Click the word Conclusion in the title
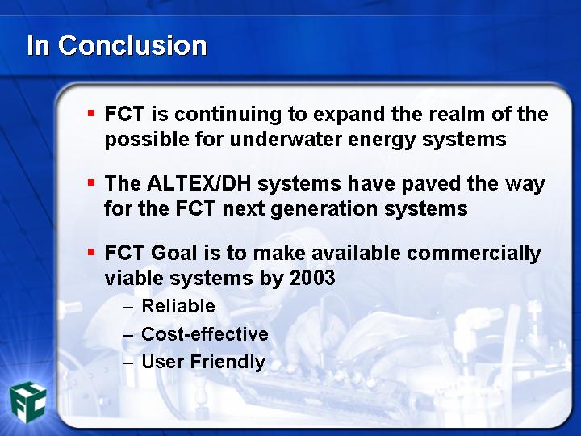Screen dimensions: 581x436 coord(132,45)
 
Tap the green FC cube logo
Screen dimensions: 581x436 coord(28,403)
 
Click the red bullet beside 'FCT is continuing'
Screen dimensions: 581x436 coord(91,113)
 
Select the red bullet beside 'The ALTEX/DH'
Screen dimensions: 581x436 coord(91,182)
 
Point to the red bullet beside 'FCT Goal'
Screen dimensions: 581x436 coord(91,253)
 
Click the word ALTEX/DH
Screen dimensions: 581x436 coord(199,183)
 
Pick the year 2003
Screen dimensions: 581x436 coord(312,278)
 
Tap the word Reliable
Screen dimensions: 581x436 coord(178,306)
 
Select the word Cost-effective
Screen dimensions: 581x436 coord(205,334)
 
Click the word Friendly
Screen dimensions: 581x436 coord(228,363)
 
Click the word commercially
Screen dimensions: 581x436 coord(474,254)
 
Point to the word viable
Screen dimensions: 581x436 coord(134,278)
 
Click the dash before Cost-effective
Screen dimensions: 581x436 coord(127,335)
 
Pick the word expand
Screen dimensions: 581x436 coord(349,115)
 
